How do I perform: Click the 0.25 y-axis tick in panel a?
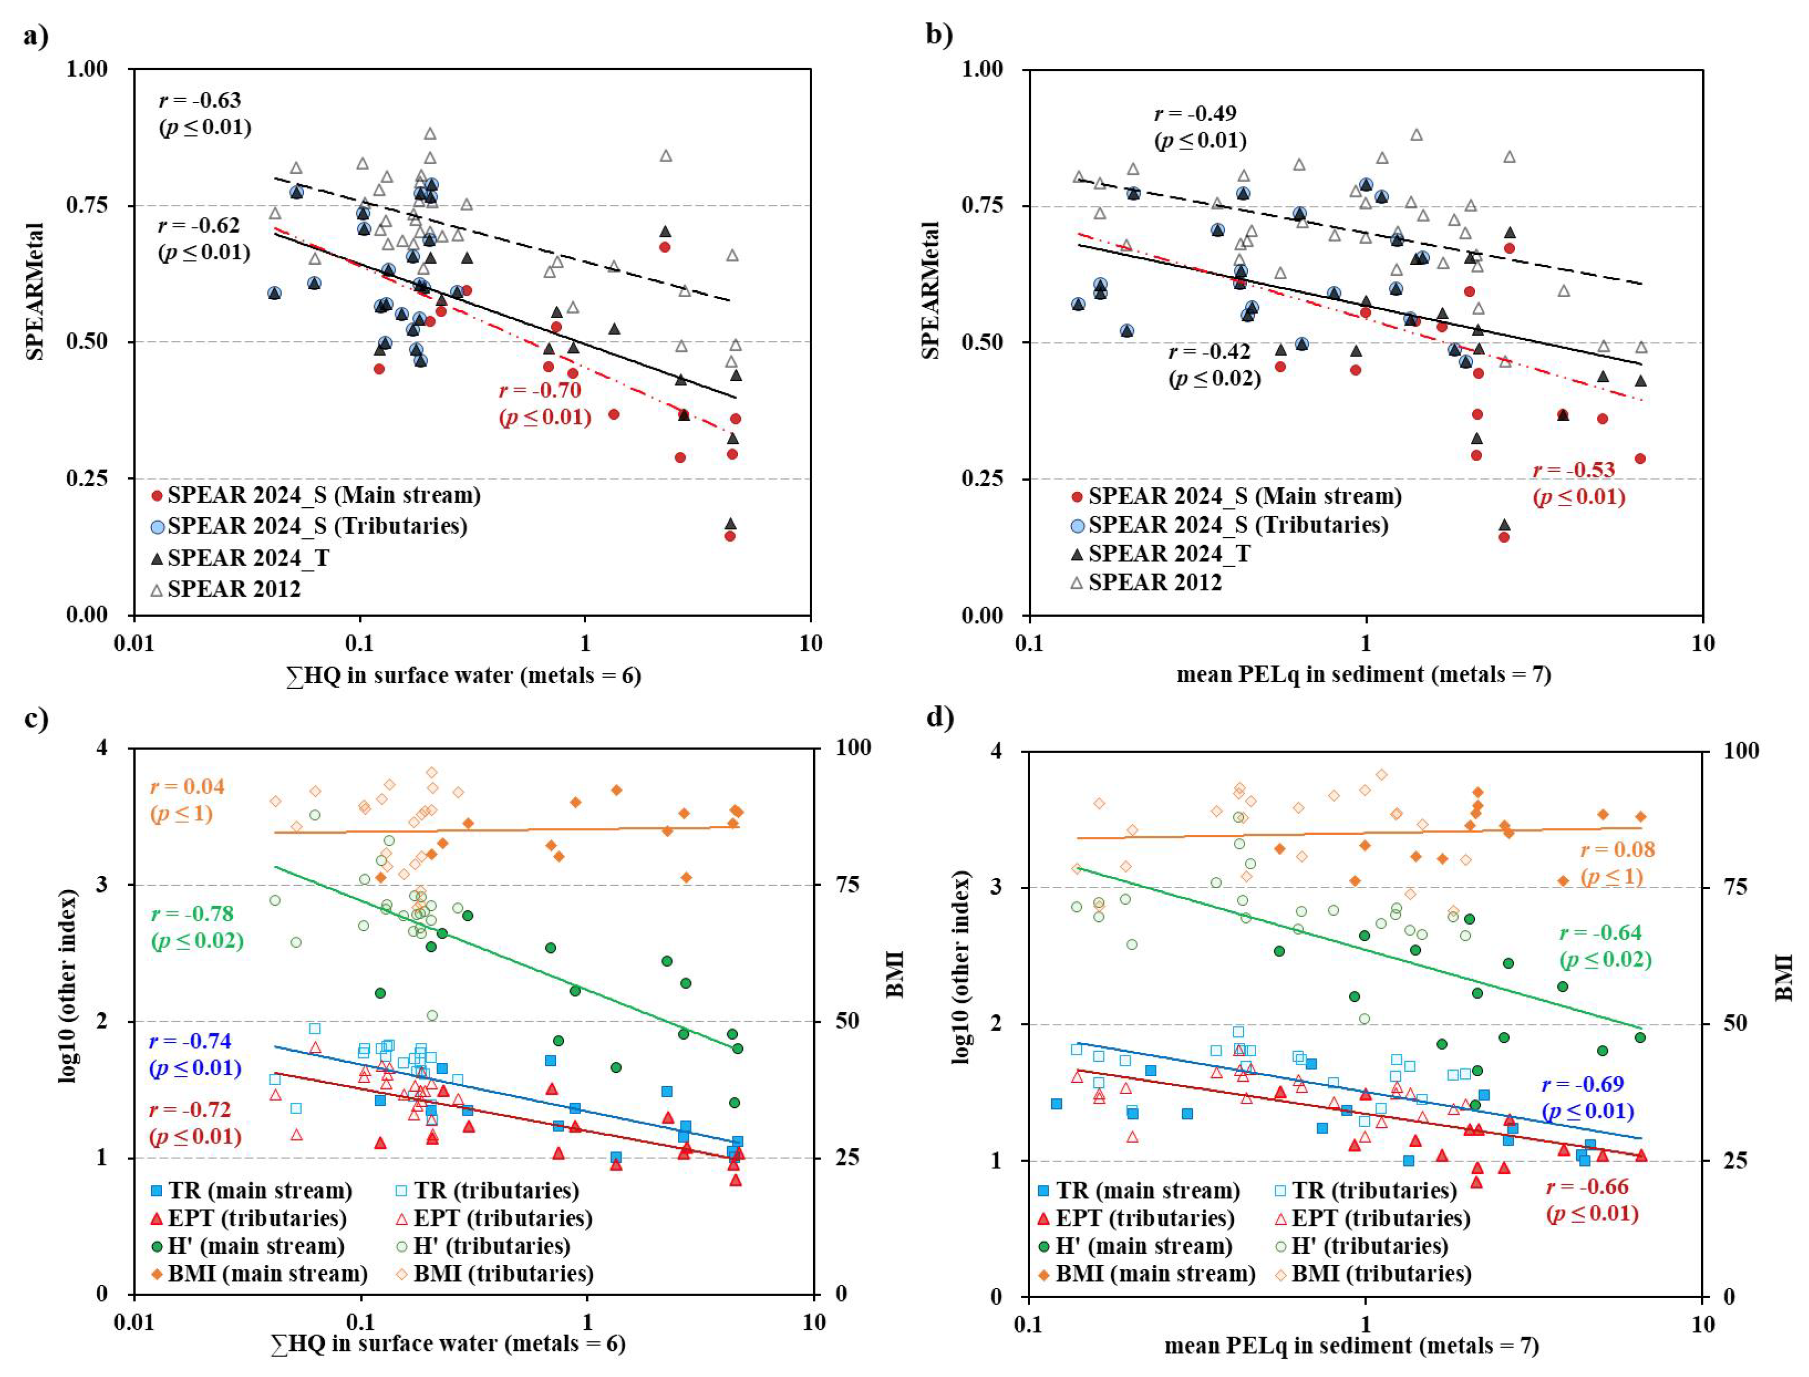point(87,478)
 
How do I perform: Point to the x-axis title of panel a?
point(463,675)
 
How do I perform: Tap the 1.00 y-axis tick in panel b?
point(982,69)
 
